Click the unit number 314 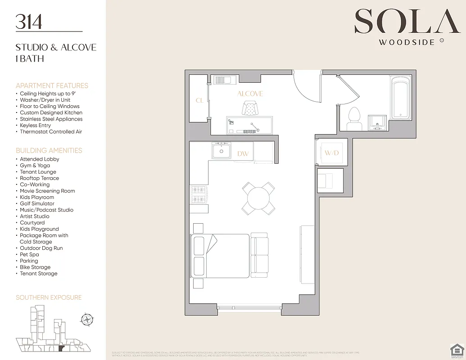point(29,22)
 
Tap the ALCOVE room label point(250,94)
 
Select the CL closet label point(199,100)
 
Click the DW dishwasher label point(243,154)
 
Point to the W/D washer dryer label point(331,153)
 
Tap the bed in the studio point(220,256)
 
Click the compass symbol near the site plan point(86,319)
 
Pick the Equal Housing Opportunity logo point(457,350)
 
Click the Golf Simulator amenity point(37,203)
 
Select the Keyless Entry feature point(35,125)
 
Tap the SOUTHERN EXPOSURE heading point(49,297)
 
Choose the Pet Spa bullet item point(30,254)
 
